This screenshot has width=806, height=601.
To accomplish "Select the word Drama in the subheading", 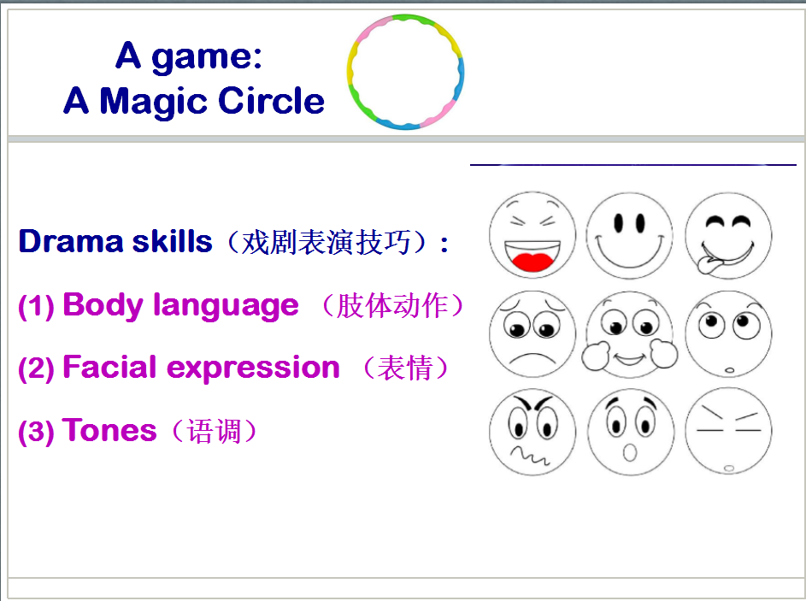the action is [71, 241].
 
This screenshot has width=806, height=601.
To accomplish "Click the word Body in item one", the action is [102, 305].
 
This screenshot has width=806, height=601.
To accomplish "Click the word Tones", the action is [109, 430].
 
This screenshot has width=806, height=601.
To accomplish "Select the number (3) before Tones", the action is [36, 432].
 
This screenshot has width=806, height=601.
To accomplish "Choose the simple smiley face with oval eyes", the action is [630, 237].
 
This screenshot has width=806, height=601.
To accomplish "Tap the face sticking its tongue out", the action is [728, 237].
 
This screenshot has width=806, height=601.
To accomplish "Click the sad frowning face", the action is [532, 334].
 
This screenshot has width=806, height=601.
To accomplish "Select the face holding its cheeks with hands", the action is [630, 334].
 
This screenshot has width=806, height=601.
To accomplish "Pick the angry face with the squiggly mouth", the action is [532, 432].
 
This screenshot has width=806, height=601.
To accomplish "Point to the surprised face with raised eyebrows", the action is [630, 432].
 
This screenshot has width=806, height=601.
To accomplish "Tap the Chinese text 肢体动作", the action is [391, 306].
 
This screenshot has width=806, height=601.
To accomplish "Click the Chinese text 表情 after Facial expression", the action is [404, 368].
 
